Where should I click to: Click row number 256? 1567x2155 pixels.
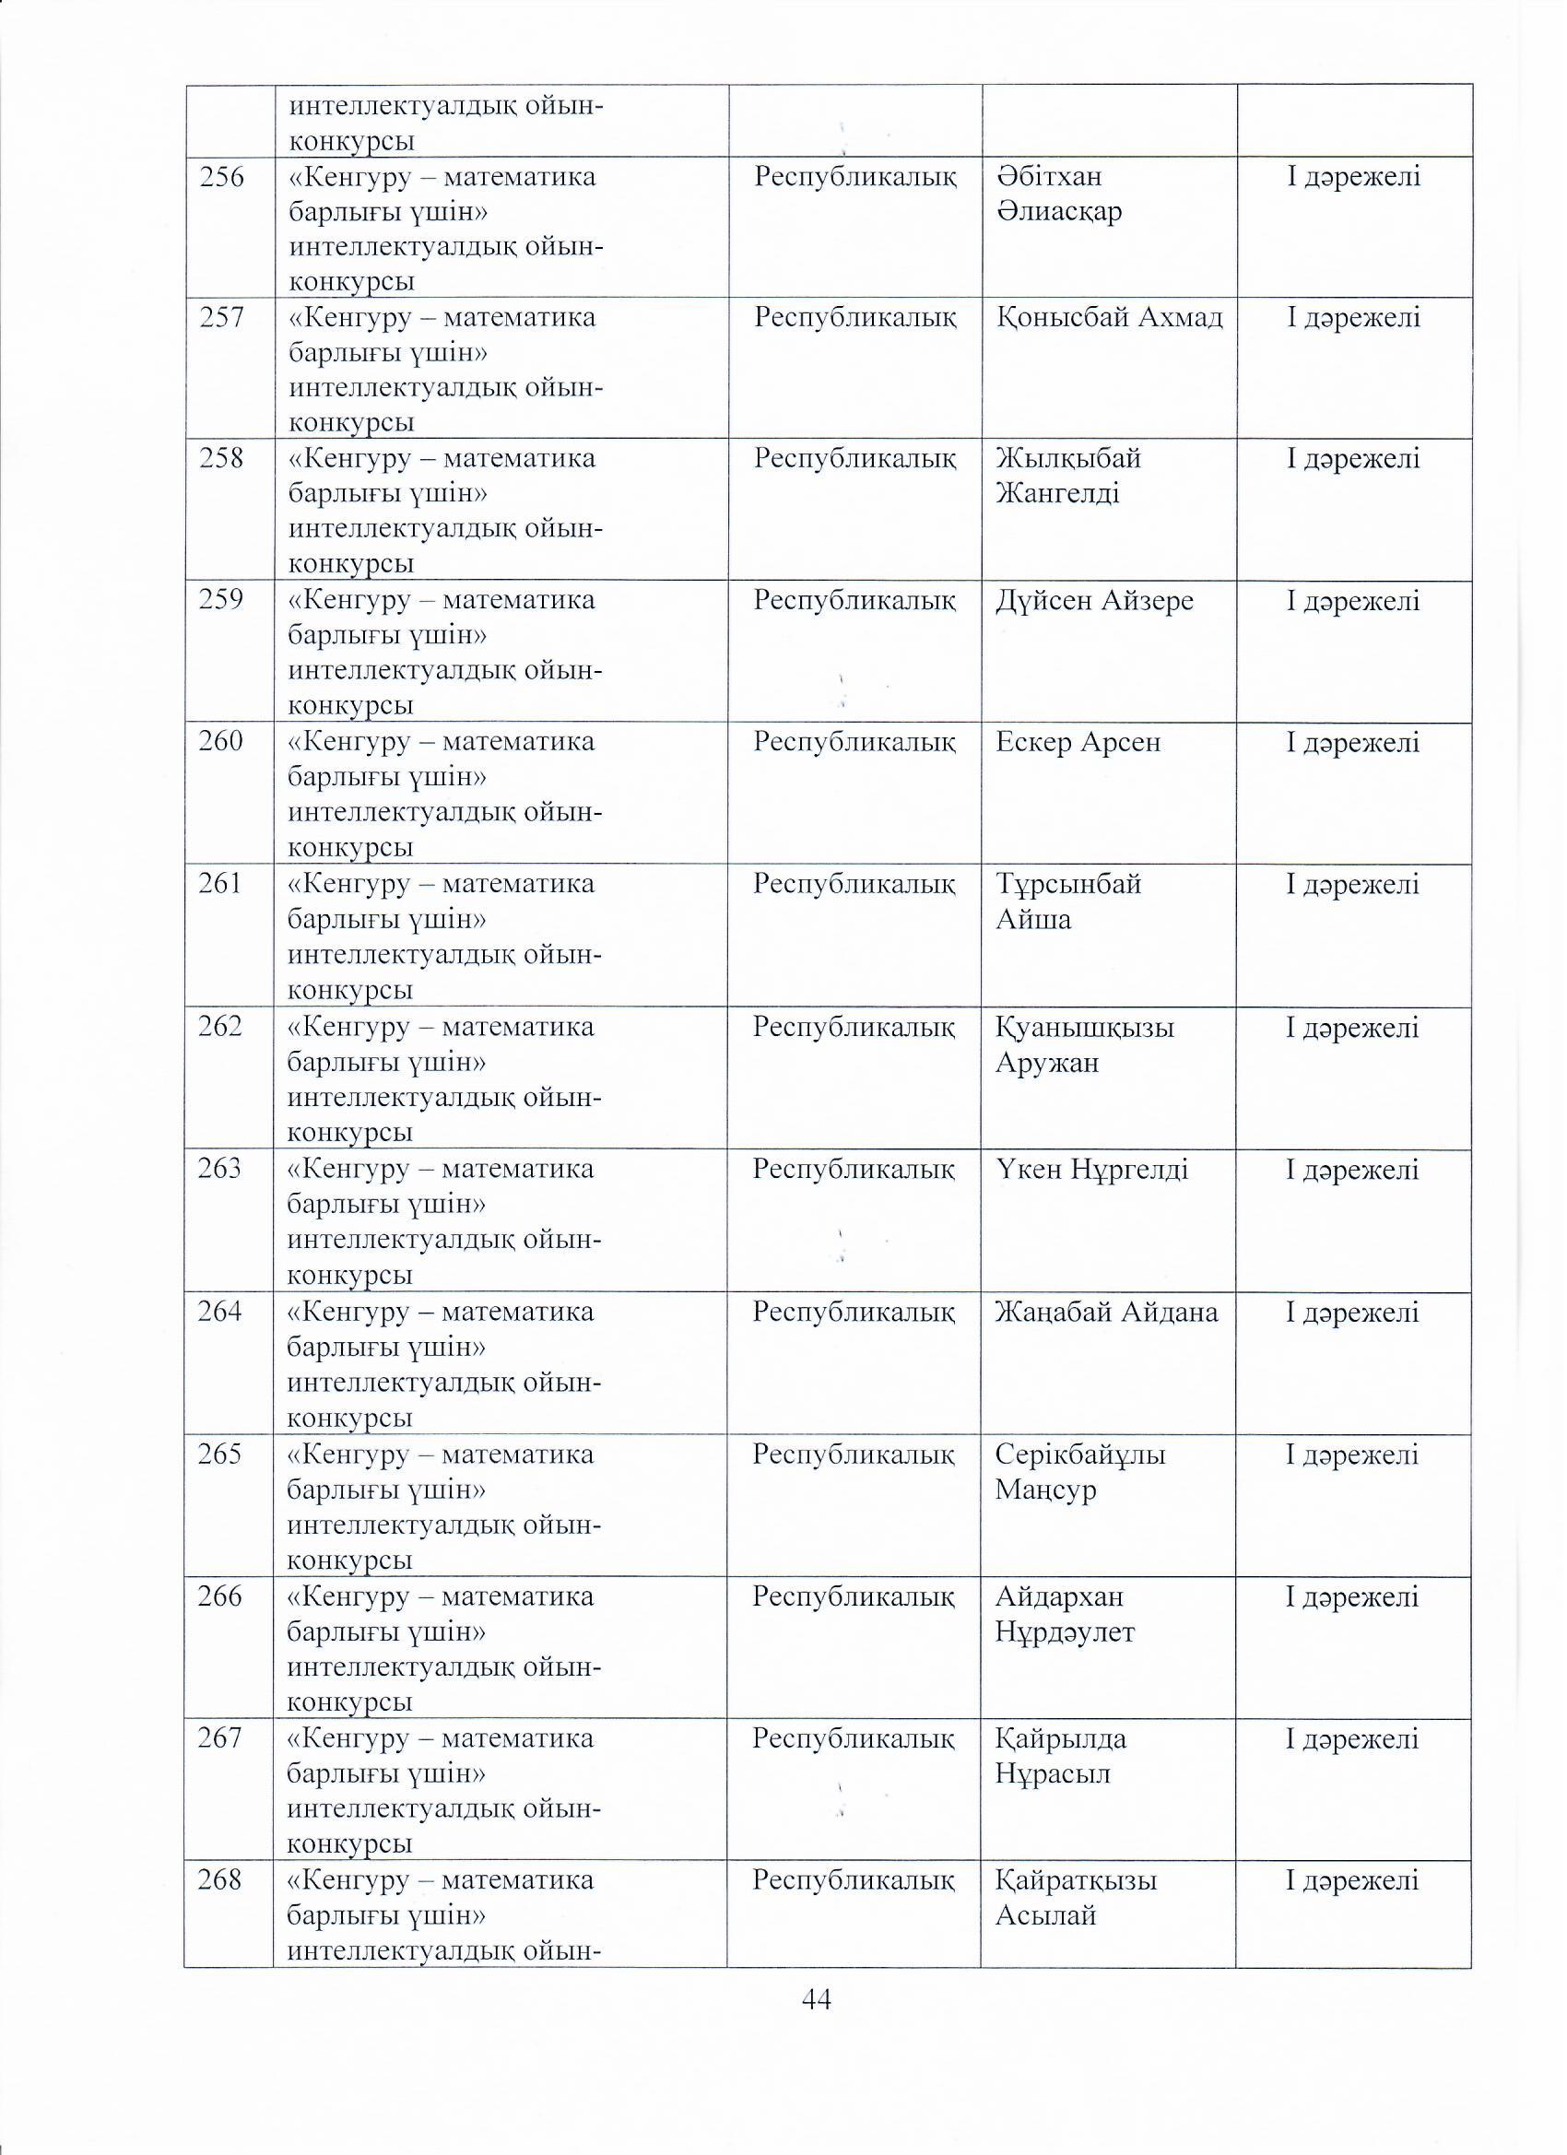pos(221,178)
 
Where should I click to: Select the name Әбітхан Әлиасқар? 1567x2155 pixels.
pos(1059,194)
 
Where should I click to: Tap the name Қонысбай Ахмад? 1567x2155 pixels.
pos(1109,317)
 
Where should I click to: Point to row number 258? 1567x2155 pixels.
pos(221,458)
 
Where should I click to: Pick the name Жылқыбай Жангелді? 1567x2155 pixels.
pos(1068,476)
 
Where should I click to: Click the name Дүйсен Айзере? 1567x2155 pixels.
pos(1094,601)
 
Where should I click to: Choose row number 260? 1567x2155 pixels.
pos(220,741)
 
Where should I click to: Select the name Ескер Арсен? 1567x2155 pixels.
pos(1078,742)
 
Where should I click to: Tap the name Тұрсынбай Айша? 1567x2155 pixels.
pos(1068,901)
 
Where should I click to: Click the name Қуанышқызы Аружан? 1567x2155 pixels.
pos(1084,1044)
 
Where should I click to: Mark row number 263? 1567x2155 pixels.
pos(219,1169)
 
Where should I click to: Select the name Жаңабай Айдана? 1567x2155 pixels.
pos(1106,1313)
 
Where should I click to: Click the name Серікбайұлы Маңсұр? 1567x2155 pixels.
pos(1079,1472)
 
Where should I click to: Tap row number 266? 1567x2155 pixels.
pos(219,1596)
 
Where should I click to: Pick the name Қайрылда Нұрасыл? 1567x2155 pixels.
pos(1061,1756)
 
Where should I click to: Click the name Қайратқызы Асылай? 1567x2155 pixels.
pos(1076,1898)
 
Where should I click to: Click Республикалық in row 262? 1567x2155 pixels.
pos(854,1027)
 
